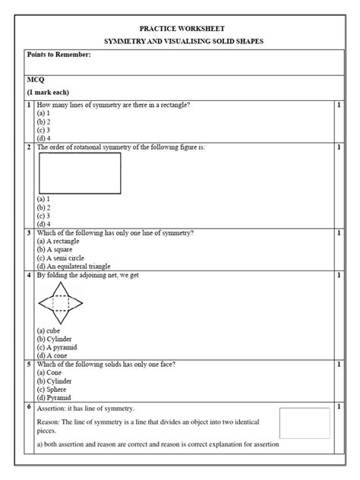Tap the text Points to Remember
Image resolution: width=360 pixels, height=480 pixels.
point(58,55)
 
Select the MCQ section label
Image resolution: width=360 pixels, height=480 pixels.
point(36,78)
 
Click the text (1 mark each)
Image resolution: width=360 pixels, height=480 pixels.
point(49,92)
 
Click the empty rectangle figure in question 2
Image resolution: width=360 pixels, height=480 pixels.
point(79,173)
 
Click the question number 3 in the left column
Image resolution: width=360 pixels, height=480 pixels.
point(29,233)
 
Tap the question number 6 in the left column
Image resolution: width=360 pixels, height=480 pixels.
point(29,408)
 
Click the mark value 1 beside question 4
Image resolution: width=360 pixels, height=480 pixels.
point(338,276)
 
